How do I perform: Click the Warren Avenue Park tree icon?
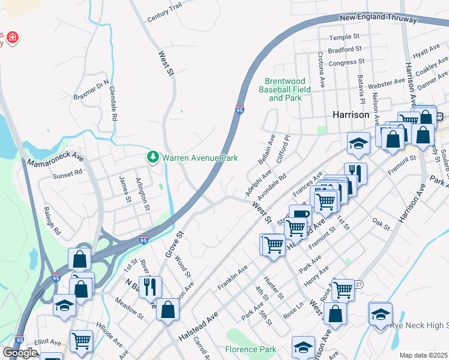(x=153, y=158)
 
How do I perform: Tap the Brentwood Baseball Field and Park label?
(x=285, y=89)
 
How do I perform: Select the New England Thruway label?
(x=378, y=19)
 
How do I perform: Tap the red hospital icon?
(x=13, y=39)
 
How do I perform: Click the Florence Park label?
(x=250, y=349)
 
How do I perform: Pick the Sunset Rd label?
(x=67, y=173)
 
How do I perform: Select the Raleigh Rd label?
(x=52, y=221)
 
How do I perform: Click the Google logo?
(x=20, y=353)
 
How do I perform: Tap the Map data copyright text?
(x=424, y=355)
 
